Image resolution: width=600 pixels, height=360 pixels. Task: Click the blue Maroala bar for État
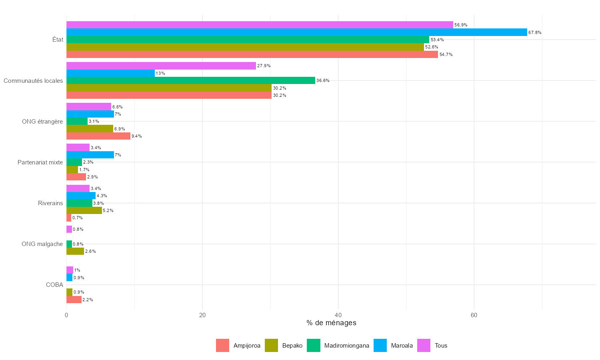click(296, 32)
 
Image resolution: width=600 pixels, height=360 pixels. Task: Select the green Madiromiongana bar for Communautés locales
click(190, 80)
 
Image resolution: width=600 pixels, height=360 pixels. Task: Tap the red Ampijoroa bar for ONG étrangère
click(98, 136)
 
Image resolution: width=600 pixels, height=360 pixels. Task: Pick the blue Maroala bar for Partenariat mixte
click(90, 155)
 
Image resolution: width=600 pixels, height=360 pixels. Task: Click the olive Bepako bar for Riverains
click(84, 210)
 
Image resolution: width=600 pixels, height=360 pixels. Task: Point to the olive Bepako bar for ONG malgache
click(75, 251)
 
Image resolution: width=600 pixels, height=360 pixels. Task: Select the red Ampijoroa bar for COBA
click(74, 300)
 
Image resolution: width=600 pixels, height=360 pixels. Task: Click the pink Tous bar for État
click(260, 25)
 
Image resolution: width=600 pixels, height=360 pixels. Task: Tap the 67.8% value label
click(535, 32)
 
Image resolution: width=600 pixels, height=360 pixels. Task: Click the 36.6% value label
click(323, 80)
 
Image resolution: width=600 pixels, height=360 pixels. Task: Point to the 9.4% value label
click(137, 136)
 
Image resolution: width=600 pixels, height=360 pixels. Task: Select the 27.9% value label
click(264, 66)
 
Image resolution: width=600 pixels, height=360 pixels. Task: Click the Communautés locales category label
click(33, 81)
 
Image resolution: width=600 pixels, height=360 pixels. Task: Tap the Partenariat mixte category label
click(40, 162)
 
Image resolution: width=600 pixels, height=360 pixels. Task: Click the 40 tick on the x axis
click(338, 315)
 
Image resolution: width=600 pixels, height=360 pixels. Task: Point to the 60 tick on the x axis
click(474, 315)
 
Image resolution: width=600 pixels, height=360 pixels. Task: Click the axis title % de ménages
click(331, 323)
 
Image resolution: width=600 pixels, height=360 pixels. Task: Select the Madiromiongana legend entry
click(346, 346)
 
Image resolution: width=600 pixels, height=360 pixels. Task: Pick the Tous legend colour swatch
click(424, 346)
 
